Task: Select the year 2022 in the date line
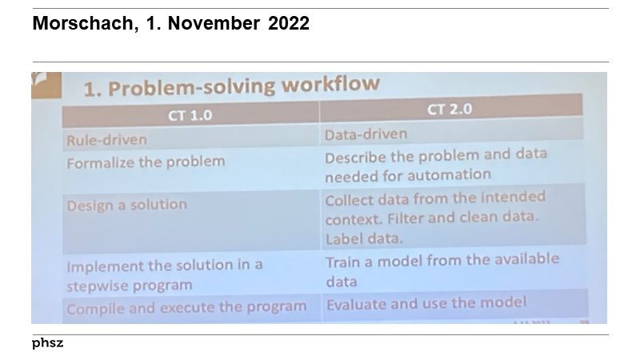(x=289, y=24)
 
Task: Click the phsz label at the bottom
(x=47, y=343)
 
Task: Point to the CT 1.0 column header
(x=190, y=115)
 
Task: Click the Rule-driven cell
(x=106, y=140)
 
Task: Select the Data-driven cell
(x=366, y=134)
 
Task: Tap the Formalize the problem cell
(x=146, y=162)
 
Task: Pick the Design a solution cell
(x=126, y=205)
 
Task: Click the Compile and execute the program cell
(x=186, y=307)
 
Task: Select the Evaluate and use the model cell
(x=426, y=302)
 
